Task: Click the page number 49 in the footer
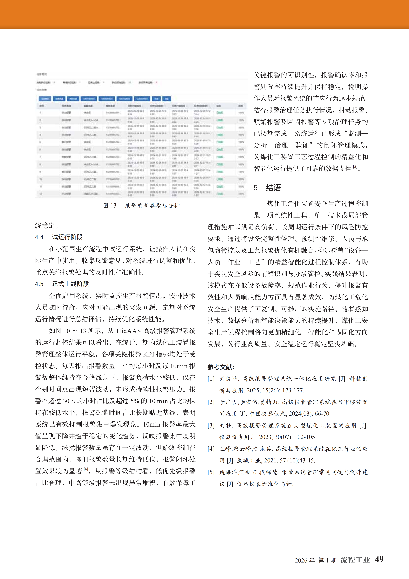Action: point(379,559)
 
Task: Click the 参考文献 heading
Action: point(221,367)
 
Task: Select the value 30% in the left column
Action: point(69,401)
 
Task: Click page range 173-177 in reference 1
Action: point(293,390)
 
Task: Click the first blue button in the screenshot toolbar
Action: point(45,99)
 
